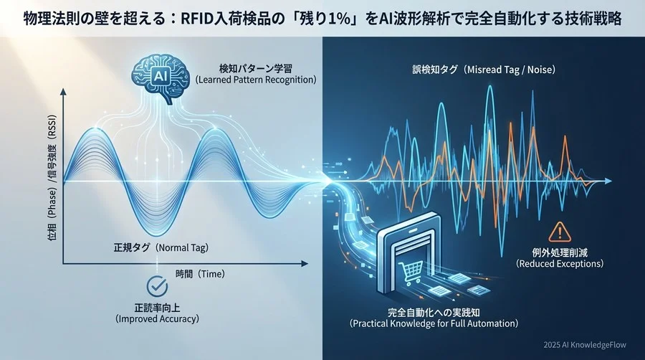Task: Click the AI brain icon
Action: (156, 75)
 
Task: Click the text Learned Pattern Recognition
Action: (256, 80)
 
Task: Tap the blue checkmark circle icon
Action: (156, 286)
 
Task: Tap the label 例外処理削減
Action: (559, 252)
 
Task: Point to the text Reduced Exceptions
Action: (559, 265)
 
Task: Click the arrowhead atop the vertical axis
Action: (64, 92)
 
